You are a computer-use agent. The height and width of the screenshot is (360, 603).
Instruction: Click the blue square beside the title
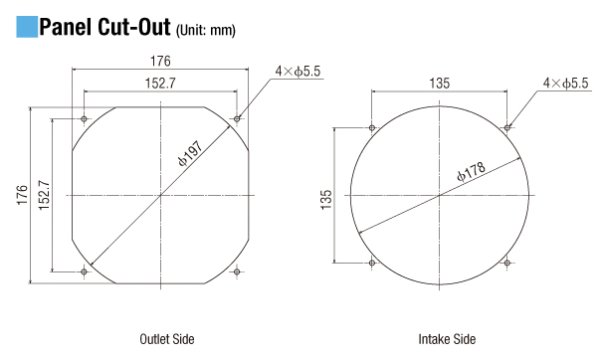pyautogui.click(x=27, y=27)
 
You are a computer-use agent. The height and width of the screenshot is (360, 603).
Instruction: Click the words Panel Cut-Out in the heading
pyautogui.click(x=104, y=27)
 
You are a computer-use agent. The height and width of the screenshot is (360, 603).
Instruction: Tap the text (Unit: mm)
pyautogui.click(x=205, y=30)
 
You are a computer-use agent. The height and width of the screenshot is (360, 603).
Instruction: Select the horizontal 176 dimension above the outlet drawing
pyautogui.click(x=160, y=61)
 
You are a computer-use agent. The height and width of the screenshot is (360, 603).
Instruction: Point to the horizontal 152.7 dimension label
pyautogui.click(x=160, y=83)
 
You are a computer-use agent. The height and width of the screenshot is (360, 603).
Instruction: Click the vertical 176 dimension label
pyautogui.click(x=23, y=195)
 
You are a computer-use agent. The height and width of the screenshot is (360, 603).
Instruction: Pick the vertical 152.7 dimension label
pyautogui.click(x=44, y=195)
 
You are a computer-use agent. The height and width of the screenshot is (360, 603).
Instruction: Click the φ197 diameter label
pyautogui.click(x=190, y=154)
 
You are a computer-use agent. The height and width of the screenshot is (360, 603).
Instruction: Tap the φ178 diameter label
pyautogui.click(x=471, y=170)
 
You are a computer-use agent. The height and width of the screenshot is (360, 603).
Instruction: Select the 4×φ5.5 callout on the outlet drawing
pyautogui.click(x=298, y=71)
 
